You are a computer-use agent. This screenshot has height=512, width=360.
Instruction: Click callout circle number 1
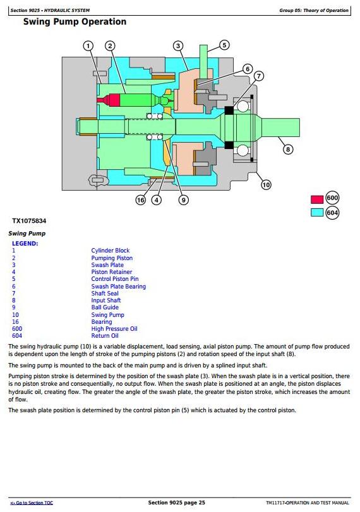[88, 45]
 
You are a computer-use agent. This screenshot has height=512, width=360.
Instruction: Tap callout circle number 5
[224, 45]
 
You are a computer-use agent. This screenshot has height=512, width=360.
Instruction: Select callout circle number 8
[288, 150]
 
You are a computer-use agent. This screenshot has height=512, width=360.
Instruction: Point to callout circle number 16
[141, 200]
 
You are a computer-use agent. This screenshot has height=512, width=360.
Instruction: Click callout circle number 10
[267, 185]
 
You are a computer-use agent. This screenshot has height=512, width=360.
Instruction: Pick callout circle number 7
[259, 76]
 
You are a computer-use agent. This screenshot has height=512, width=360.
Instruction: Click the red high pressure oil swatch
[317, 199]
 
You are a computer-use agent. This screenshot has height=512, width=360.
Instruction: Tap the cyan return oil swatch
[317, 212]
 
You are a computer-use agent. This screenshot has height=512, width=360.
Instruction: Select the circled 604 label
[332, 213]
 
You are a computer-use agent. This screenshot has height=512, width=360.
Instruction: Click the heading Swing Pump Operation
[75, 22]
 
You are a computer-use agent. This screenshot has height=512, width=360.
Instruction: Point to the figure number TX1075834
[29, 221]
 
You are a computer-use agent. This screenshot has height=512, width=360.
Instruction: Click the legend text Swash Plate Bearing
[119, 287]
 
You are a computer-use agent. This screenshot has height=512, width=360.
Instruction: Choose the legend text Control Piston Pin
[115, 279]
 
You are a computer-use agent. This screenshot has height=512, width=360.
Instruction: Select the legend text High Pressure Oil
[114, 329]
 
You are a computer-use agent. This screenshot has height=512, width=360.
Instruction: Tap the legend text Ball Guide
[105, 307]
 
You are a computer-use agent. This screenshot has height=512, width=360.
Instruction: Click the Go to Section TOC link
[32, 503]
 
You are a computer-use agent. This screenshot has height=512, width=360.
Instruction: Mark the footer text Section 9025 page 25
[176, 503]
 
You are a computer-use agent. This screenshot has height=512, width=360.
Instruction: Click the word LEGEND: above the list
[25, 244]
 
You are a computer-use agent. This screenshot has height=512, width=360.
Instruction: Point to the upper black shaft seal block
[229, 110]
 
